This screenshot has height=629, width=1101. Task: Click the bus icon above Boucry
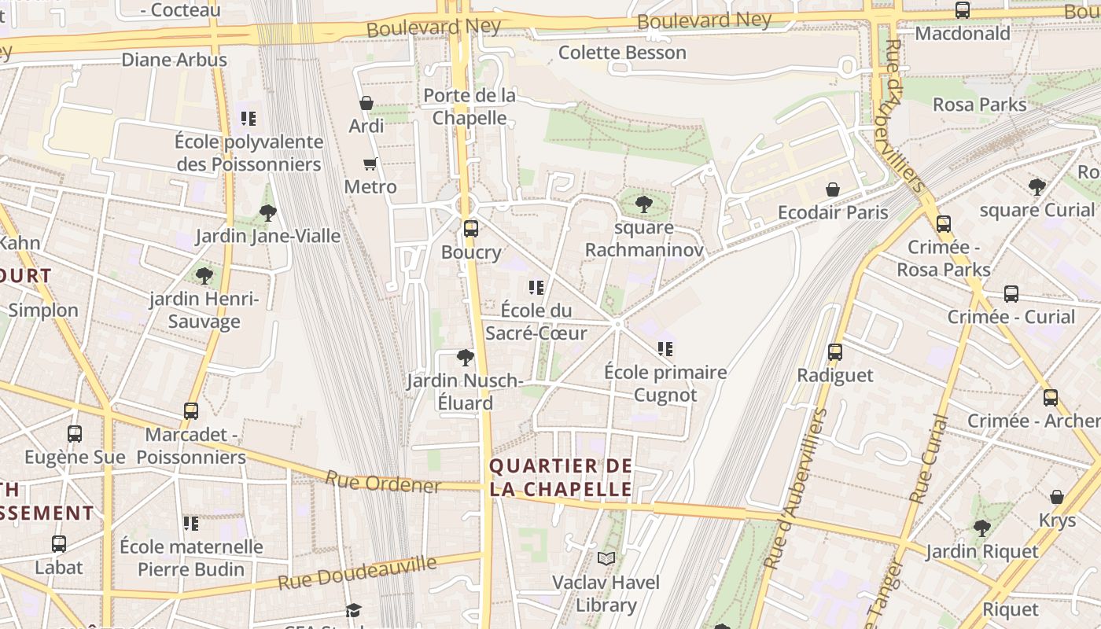(x=470, y=229)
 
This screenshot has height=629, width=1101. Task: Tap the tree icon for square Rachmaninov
(x=643, y=205)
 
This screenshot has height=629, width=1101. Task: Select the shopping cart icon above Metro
(x=370, y=164)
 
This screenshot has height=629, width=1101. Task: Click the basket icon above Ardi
(x=366, y=103)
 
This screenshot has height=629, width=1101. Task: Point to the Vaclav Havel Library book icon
(x=606, y=559)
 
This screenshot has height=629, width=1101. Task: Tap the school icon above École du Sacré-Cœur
(x=536, y=288)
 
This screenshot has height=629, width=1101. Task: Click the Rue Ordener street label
(x=383, y=482)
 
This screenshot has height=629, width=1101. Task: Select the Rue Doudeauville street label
(x=357, y=573)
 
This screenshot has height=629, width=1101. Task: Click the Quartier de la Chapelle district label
(x=561, y=477)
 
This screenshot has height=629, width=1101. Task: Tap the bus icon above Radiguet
(x=835, y=352)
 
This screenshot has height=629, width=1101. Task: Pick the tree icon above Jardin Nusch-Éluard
(x=466, y=358)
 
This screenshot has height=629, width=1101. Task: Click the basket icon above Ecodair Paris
(x=833, y=189)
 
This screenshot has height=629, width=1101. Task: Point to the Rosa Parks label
(x=979, y=105)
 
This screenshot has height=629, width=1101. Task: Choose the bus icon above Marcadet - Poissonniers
(x=191, y=411)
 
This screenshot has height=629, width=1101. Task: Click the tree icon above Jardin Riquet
(x=981, y=528)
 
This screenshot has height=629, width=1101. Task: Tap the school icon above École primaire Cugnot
(x=665, y=349)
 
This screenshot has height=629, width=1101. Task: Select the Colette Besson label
(x=622, y=53)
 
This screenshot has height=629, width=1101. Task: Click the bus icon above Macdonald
(x=962, y=10)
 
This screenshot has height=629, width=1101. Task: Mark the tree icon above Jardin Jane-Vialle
(x=267, y=213)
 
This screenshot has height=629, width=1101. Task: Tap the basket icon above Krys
(x=1057, y=497)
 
